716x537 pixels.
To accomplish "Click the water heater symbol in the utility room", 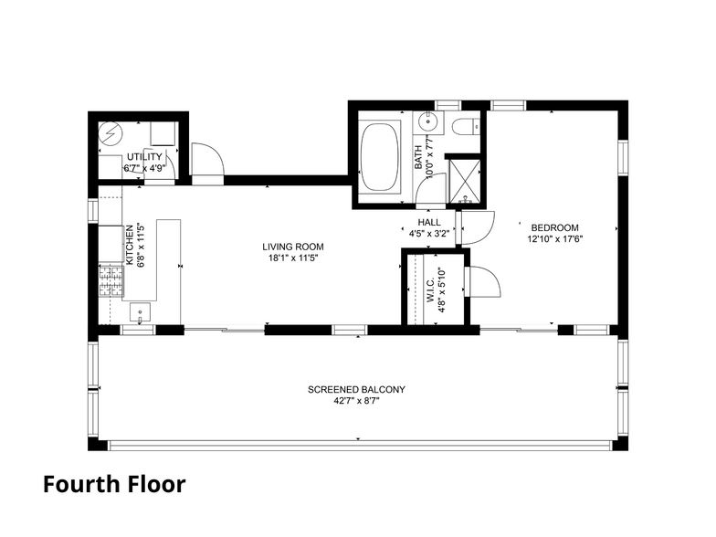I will pyautogui.click(x=111, y=133).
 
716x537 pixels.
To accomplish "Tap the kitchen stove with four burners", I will pyautogui.click(x=110, y=280).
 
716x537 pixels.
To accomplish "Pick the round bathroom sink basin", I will pyautogui.click(x=427, y=123).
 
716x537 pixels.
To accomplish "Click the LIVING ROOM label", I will pyautogui.click(x=292, y=247).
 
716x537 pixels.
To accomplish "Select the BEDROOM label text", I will pyautogui.click(x=554, y=227).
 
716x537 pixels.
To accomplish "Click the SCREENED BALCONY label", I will pyautogui.click(x=356, y=389).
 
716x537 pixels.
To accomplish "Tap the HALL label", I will pyautogui.click(x=429, y=222).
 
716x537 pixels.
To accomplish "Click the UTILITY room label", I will pyautogui.click(x=143, y=157).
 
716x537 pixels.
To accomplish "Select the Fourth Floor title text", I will pyautogui.click(x=113, y=484).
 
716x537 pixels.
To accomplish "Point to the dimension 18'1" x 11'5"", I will pyautogui.click(x=292, y=258).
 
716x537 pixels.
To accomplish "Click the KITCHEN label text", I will pyautogui.click(x=130, y=245).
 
